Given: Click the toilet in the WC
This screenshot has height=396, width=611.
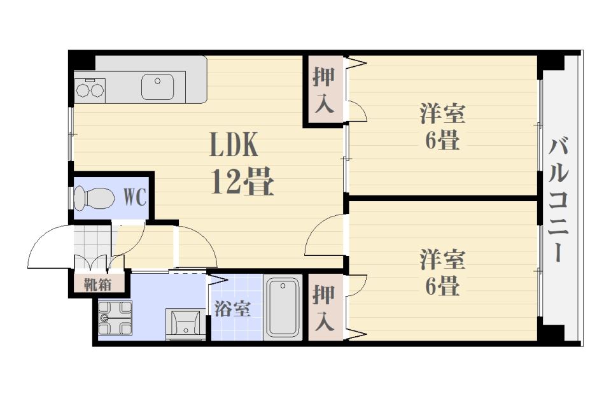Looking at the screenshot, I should [x=93, y=197].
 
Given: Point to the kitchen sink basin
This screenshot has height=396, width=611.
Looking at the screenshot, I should [x=157, y=87].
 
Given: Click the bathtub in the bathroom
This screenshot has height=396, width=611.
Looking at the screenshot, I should [x=283, y=306].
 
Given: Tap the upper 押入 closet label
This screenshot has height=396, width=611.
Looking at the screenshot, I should [x=324, y=90].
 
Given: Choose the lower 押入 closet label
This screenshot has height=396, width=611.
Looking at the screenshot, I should [x=324, y=308].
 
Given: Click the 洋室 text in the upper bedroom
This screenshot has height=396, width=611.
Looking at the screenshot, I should [x=442, y=115].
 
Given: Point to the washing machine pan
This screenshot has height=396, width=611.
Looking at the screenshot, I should [x=115, y=317].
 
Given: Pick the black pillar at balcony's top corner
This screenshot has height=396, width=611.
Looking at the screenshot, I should [x=551, y=62].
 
